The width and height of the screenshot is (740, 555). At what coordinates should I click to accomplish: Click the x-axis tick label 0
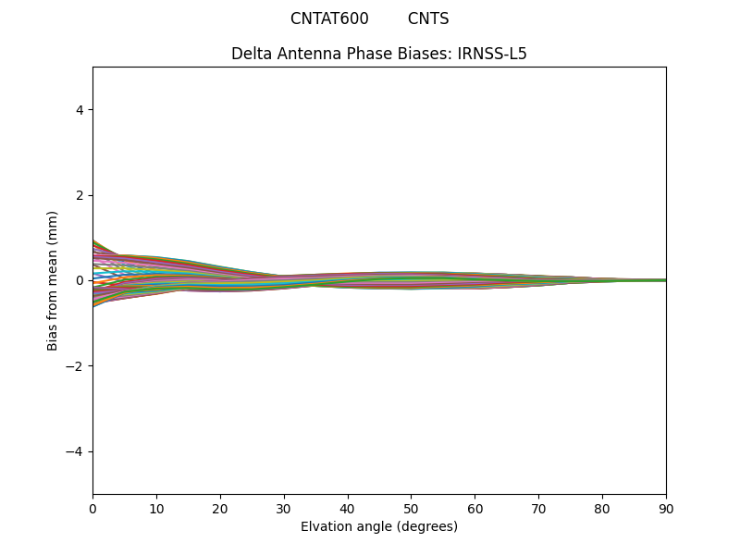tap(92, 508)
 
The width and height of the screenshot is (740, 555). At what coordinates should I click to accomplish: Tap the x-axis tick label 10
tap(156, 508)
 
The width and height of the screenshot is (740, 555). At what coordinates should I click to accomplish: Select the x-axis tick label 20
tap(220, 508)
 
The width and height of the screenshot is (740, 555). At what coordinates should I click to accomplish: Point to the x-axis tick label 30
tap(284, 508)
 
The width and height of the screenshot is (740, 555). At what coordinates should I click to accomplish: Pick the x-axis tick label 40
tap(348, 508)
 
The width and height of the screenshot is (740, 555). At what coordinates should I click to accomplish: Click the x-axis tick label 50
tap(411, 508)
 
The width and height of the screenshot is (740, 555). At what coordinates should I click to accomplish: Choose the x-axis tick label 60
tap(475, 508)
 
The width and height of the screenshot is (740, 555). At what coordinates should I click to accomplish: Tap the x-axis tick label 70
tap(538, 508)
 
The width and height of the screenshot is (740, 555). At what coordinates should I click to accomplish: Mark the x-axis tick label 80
tap(602, 508)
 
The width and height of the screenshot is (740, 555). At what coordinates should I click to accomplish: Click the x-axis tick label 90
tap(666, 508)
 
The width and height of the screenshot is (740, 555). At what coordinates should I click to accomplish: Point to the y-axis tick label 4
tap(80, 110)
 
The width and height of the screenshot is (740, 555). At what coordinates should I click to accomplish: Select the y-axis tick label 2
tap(80, 195)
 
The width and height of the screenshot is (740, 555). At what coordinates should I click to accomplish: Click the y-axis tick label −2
tap(76, 366)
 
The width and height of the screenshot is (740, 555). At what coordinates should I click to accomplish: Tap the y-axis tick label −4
tap(76, 451)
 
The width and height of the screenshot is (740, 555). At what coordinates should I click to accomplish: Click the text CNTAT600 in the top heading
tap(329, 18)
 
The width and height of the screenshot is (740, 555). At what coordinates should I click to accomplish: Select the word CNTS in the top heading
tap(428, 18)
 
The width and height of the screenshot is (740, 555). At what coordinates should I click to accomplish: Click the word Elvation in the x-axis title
tap(326, 526)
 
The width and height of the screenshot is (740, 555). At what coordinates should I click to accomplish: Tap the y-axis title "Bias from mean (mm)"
tap(53, 280)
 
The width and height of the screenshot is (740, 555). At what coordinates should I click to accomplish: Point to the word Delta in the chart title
tap(251, 54)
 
